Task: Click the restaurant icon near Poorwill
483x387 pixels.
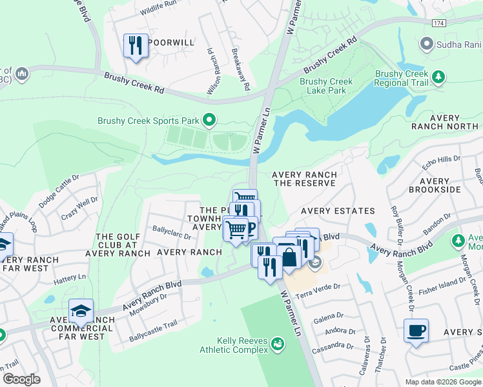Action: (x=136, y=46)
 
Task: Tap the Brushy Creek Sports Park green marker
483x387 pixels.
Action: (x=209, y=120)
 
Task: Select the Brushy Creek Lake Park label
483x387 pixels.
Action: (x=326, y=86)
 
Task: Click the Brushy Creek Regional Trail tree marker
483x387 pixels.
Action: (x=438, y=77)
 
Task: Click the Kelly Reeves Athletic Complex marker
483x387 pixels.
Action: (x=277, y=344)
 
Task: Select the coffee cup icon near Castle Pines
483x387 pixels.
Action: (x=415, y=331)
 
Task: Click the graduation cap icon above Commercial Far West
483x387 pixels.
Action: (x=81, y=312)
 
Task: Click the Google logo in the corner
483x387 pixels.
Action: (x=22, y=379)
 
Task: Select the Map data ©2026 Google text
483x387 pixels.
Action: (x=442, y=381)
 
